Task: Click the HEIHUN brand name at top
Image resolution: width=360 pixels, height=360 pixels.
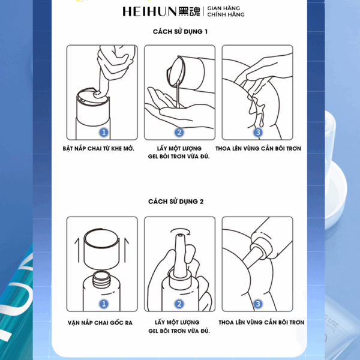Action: [x=149, y=11]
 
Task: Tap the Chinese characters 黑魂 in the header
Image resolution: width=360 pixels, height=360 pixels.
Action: [x=189, y=11]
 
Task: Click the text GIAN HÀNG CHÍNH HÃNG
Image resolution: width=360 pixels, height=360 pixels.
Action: [x=226, y=11]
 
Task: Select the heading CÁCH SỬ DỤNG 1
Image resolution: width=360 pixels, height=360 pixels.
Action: [x=180, y=31]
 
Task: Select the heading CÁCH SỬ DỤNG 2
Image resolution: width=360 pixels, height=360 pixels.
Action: [x=176, y=202]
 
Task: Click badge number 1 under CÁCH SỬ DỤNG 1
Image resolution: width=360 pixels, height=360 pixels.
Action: [x=104, y=132]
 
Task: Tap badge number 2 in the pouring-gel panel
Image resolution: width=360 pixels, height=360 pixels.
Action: [x=179, y=132]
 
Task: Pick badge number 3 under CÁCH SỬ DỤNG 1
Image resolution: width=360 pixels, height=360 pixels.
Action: [x=258, y=132]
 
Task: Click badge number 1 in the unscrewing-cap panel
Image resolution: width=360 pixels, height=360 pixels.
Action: [x=104, y=304]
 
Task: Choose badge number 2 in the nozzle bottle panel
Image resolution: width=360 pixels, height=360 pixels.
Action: [x=179, y=304]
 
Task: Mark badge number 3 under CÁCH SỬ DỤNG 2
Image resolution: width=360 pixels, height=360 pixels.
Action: [x=258, y=304]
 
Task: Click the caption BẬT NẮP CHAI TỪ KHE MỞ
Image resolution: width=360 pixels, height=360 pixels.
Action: [x=98, y=148]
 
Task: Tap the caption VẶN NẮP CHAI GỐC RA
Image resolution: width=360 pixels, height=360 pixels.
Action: [x=100, y=322]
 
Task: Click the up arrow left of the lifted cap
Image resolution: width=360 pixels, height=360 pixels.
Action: [x=77, y=250]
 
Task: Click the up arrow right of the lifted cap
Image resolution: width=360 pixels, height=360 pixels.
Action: [x=126, y=250]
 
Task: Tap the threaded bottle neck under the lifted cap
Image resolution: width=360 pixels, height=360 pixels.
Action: [x=102, y=280]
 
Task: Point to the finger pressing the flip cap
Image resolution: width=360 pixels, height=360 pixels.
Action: [x=103, y=83]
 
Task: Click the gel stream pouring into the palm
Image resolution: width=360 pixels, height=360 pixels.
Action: [x=177, y=94]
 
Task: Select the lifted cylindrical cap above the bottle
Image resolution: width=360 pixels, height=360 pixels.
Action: [x=101, y=249]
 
